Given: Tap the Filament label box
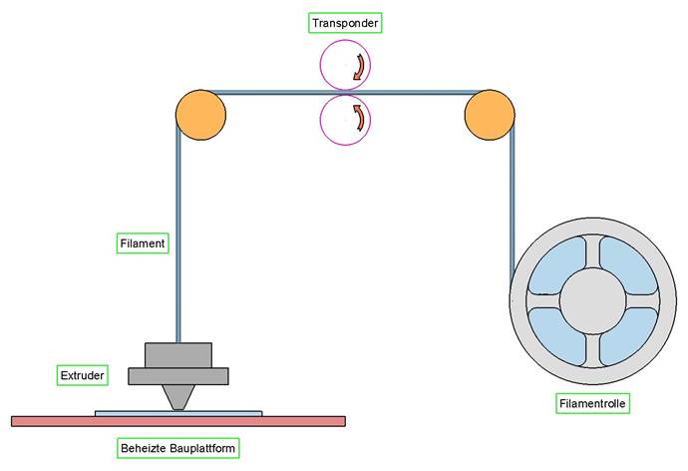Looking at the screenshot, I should tap(141, 241).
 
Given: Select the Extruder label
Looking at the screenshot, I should tap(82, 375).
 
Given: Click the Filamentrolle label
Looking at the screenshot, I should tap(593, 403).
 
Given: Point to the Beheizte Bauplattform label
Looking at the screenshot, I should tap(177, 448).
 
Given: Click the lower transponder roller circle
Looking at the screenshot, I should tap(344, 119).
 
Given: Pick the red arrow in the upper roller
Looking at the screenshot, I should tap(356, 68).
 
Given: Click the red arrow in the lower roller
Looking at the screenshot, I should tap(356, 118).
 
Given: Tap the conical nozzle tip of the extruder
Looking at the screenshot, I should tap(178, 397).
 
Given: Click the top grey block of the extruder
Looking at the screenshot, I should tap(178, 355).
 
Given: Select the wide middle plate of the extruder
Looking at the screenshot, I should tap(178, 376).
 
